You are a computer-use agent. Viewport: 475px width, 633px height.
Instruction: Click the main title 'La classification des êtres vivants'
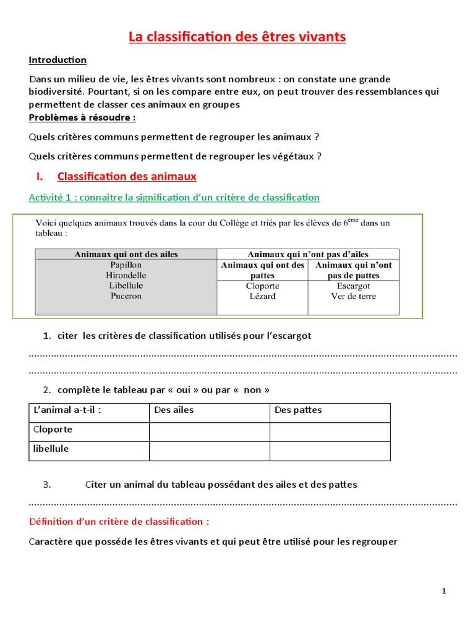[237, 37]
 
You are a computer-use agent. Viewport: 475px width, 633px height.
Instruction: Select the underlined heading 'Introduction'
[58, 60]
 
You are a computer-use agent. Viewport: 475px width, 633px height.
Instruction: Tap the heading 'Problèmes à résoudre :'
[82, 117]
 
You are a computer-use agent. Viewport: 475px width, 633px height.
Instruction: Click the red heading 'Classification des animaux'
[127, 176]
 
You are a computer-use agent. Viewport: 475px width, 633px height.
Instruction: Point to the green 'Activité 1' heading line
[174, 197]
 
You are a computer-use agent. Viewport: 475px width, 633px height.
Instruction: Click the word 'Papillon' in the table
[126, 265]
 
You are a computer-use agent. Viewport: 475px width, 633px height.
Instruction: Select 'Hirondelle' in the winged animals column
[126, 275]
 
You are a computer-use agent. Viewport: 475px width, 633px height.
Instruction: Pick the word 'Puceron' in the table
[126, 296]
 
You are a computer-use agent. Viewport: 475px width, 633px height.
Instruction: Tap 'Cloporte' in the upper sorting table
[262, 286]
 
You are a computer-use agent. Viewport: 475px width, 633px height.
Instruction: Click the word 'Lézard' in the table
[262, 296]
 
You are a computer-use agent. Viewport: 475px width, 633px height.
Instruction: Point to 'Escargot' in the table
[353, 286]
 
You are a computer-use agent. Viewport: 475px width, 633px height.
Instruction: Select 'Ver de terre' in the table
[353, 296]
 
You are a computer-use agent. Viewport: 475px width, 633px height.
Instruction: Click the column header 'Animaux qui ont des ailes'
[126, 254]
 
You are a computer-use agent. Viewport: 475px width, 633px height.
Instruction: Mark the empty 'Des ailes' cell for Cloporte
[209, 431]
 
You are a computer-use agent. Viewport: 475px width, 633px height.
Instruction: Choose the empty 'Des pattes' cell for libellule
[330, 451]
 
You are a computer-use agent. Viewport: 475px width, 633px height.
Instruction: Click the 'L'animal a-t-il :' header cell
[66, 410]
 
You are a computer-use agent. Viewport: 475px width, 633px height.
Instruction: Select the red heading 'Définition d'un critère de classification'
[119, 522]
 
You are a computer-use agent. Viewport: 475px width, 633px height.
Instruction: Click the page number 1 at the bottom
[444, 591]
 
